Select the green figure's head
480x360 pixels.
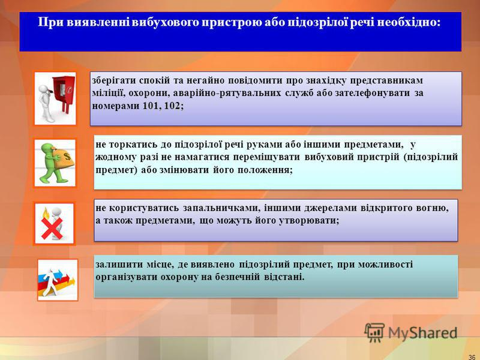tap(48, 148)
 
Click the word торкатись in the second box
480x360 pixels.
tap(134, 145)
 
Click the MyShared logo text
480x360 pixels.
tap(422, 333)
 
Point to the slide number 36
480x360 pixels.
tap(472, 357)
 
